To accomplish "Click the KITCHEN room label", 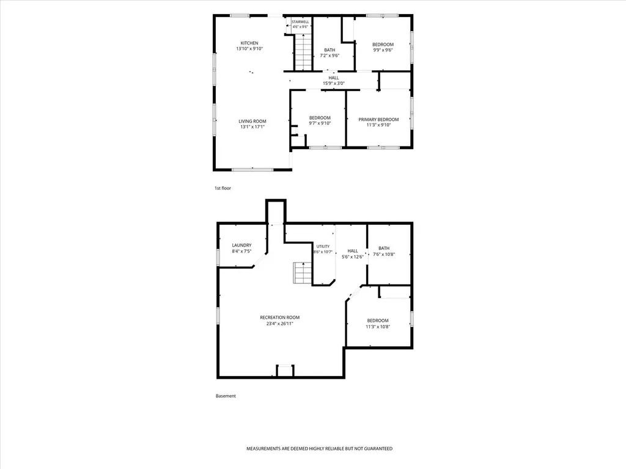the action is click(x=249, y=43).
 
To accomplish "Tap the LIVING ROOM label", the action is click(x=252, y=122).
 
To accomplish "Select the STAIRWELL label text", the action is click(x=300, y=22).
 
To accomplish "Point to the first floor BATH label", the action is click(x=330, y=50).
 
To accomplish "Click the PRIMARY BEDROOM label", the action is click(x=378, y=119).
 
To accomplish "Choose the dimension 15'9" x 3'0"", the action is click(x=334, y=83).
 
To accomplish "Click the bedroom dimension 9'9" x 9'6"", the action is click(x=383, y=50).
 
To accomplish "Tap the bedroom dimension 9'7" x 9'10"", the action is click(x=320, y=123).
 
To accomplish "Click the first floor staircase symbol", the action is click(x=303, y=53).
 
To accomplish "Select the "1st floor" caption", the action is click(x=223, y=188).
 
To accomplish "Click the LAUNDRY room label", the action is click(x=242, y=245).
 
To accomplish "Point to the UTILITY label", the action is click(x=323, y=247).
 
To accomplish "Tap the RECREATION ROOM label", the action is click(x=280, y=318).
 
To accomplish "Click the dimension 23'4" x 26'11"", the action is click(x=280, y=324).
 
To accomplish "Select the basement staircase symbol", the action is click(x=303, y=273).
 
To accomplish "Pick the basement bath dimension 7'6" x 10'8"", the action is click(x=384, y=255).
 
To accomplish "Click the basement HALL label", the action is click(x=353, y=251).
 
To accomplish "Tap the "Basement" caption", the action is click(x=226, y=396).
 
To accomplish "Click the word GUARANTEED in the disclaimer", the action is click(x=377, y=449).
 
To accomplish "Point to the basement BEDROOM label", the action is click(x=378, y=321).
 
